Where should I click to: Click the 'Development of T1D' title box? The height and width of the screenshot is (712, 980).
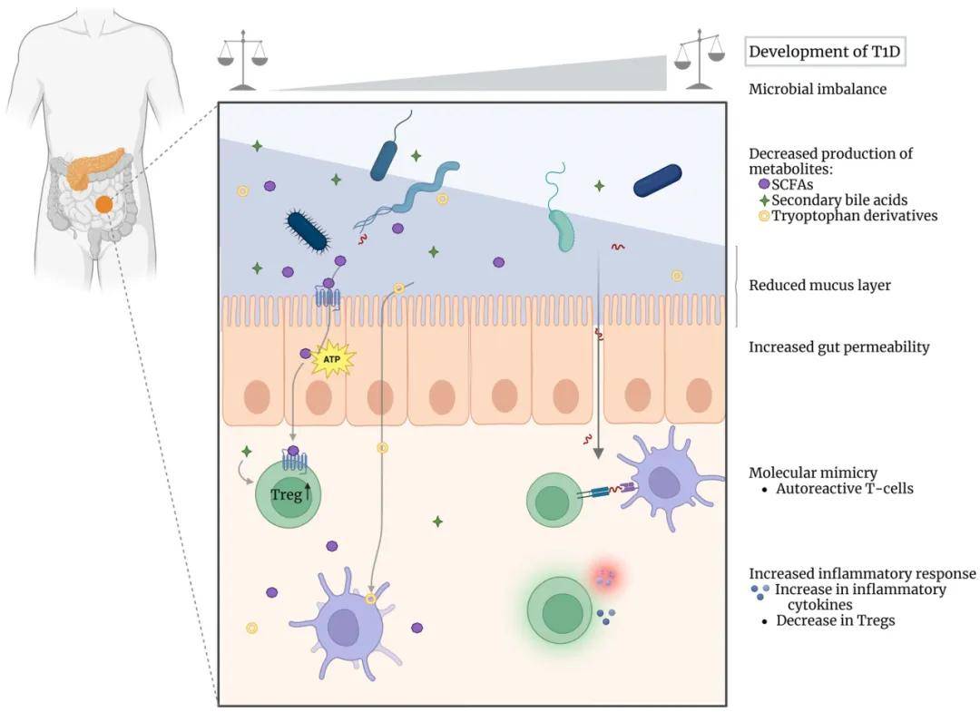click(x=826, y=51)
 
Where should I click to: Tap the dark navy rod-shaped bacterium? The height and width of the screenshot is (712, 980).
click(x=658, y=180)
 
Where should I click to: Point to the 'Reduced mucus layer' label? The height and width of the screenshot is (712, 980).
click(x=819, y=286)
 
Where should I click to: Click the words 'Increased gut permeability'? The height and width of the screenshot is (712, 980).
click(x=838, y=346)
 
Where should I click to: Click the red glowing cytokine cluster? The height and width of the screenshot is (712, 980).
click(x=605, y=577)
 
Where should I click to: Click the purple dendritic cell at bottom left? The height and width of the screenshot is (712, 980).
click(x=344, y=625)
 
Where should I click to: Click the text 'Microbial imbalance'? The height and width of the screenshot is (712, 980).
click(x=817, y=89)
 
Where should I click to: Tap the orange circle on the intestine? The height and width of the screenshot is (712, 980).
click(x=104, y=205)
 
